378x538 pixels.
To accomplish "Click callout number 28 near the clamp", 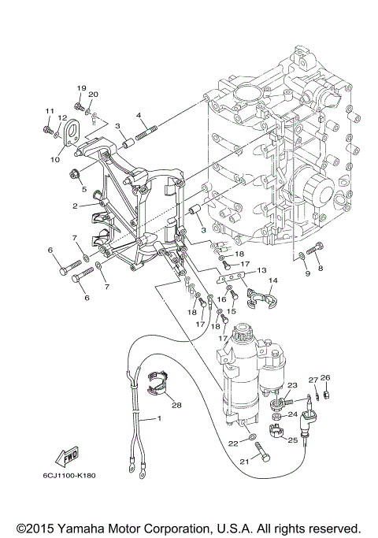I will coord(176,405).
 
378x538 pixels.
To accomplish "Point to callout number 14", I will coord(272,280).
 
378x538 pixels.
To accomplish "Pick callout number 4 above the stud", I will coord(139,116).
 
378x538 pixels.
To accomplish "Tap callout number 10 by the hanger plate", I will coord(55,159).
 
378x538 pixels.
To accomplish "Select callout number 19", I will coord(80,87).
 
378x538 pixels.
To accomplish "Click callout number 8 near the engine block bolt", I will coord(320,269).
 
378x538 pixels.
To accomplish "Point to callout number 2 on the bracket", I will coord(75,206).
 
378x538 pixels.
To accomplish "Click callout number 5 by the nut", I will coord(82,190).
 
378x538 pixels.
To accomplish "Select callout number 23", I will coord(291,385).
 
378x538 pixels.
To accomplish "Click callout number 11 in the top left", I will coord(48,110).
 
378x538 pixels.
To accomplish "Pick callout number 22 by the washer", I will coord(232,444).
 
